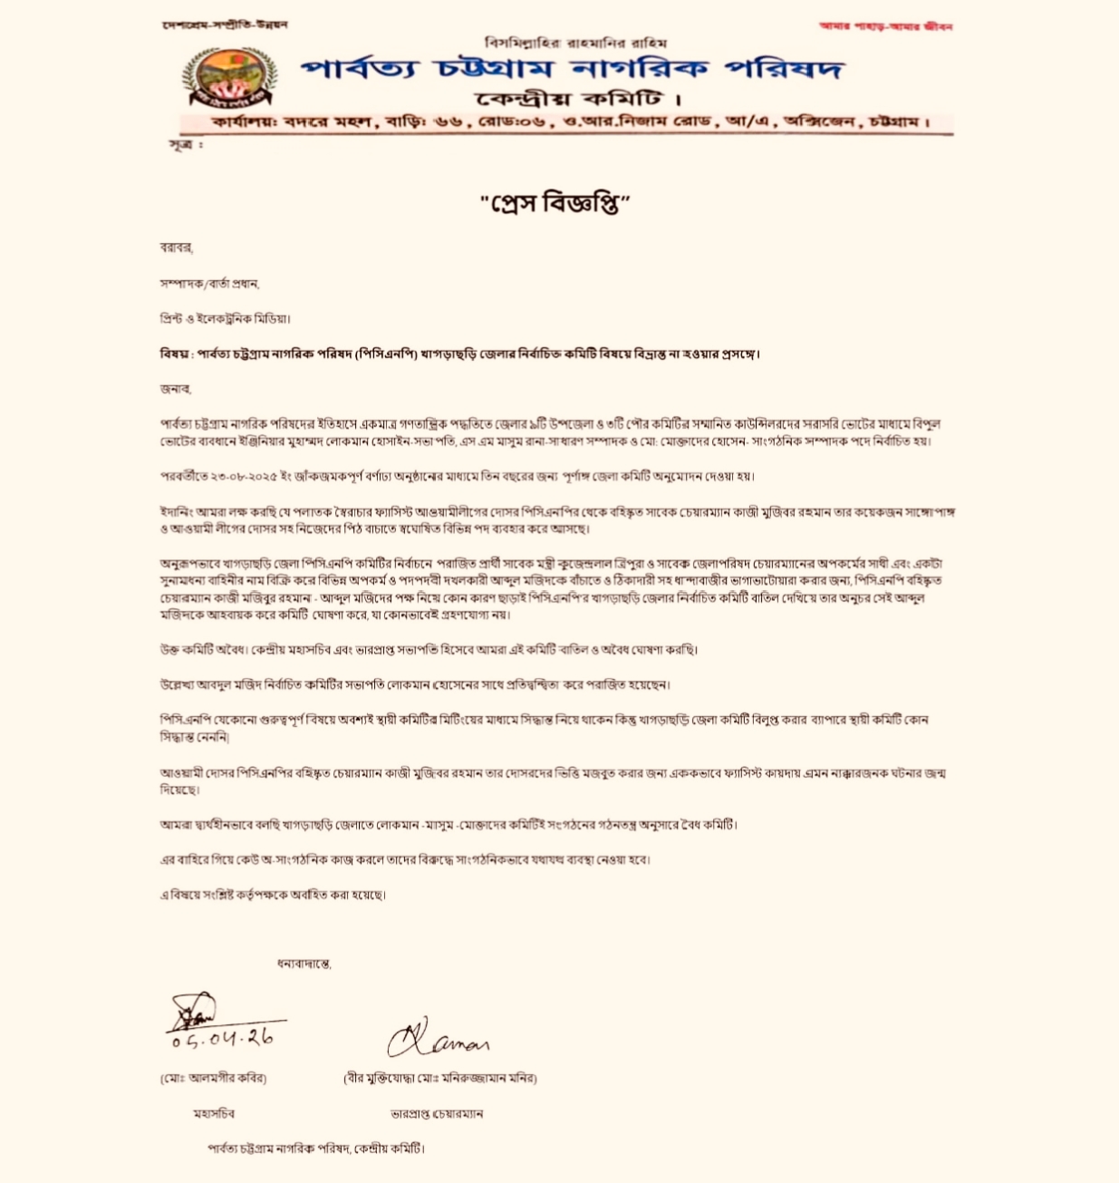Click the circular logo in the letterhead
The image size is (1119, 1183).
click(228, 78)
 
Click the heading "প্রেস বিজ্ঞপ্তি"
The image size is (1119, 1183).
click(555, 203)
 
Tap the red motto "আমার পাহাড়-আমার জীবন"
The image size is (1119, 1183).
click(885, 26)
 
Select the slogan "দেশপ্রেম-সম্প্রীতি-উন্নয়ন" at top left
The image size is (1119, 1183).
click(225, 24)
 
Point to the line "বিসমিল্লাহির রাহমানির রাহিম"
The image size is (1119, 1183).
click(575, 43)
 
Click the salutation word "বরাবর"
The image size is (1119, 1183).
click(176, 247)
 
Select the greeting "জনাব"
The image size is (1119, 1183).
click(175, 389)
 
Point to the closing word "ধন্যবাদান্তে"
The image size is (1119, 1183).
click(304, 964)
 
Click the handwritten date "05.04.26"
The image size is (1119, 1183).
click(223, 1038)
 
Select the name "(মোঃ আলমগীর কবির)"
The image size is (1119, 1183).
click(214, 1079)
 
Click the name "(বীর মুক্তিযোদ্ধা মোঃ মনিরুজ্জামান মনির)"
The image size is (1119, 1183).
click(439, 1079)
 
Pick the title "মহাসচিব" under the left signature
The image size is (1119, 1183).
click(214, 1113)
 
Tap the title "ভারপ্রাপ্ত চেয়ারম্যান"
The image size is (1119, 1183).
click(437, 1113)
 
